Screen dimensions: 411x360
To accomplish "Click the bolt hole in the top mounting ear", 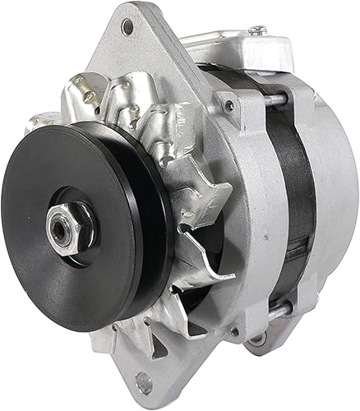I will coord(127,27).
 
